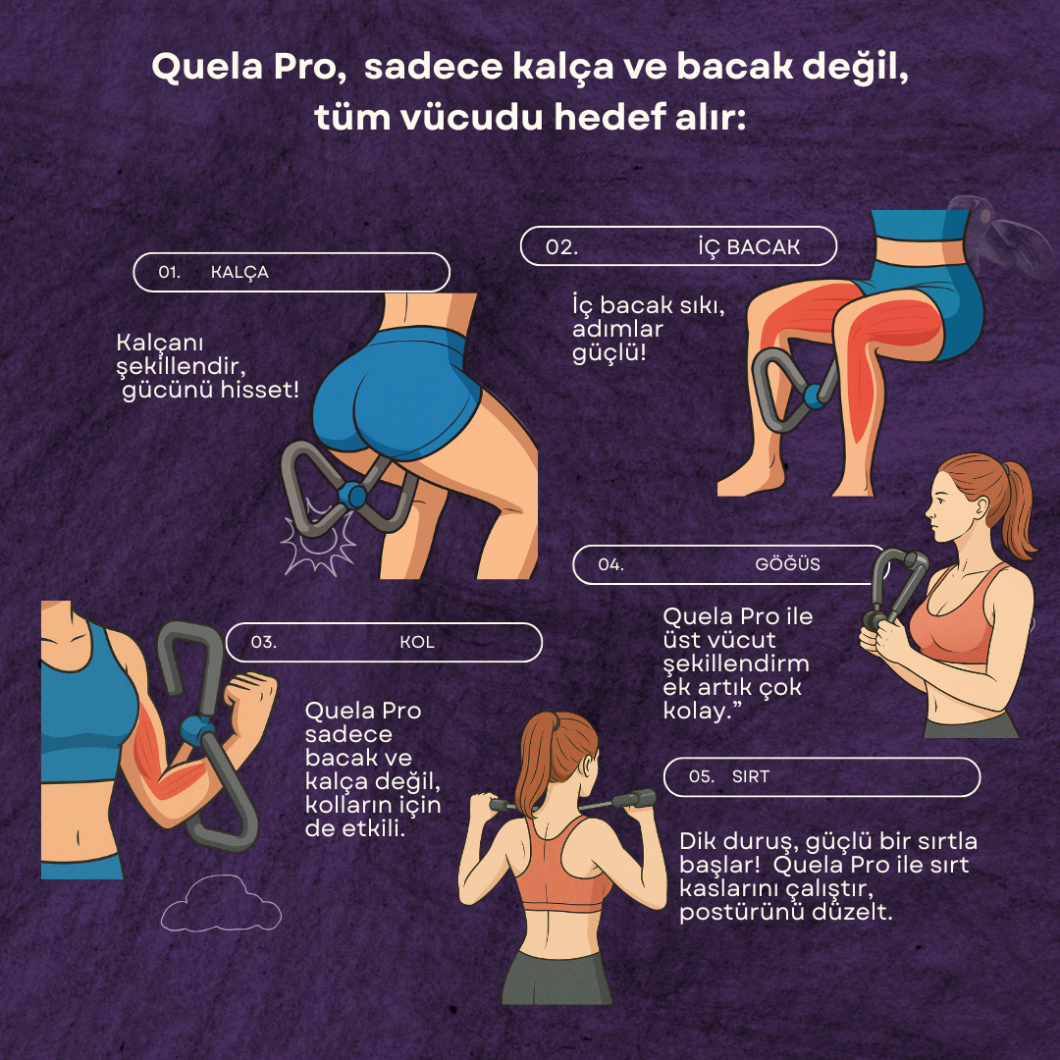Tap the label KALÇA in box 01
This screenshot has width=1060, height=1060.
[239, 273]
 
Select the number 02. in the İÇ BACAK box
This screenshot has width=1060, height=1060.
[561, 247]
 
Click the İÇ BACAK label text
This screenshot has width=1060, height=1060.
[749, 247]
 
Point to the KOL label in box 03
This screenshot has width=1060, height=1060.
[417, 643]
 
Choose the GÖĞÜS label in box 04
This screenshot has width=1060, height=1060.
[787, 564]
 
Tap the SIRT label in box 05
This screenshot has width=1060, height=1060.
[751, 776]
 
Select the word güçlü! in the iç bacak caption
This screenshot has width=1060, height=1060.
[609, 351]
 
